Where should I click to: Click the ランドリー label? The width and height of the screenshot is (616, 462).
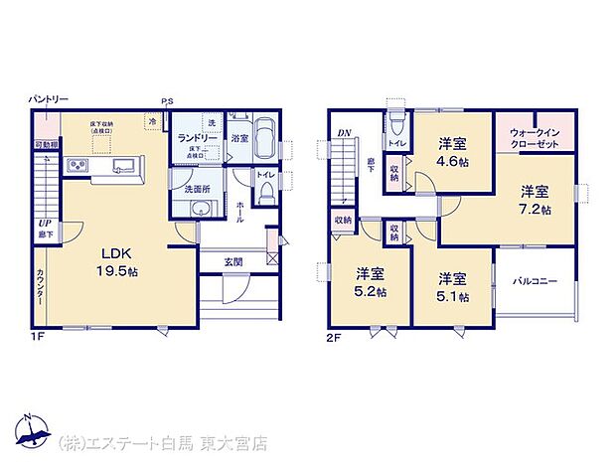pyautogui.click(x=197, y=138)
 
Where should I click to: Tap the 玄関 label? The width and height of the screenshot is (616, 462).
pyautogui.click(x=233, y=261)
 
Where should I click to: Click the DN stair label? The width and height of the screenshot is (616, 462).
pyautogui.click(x=344, y=132)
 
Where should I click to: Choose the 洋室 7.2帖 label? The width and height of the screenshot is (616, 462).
pyautogui.click(x=536, y=200)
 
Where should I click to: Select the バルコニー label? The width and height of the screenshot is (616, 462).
pyautogui.click(x=534, y=282)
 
